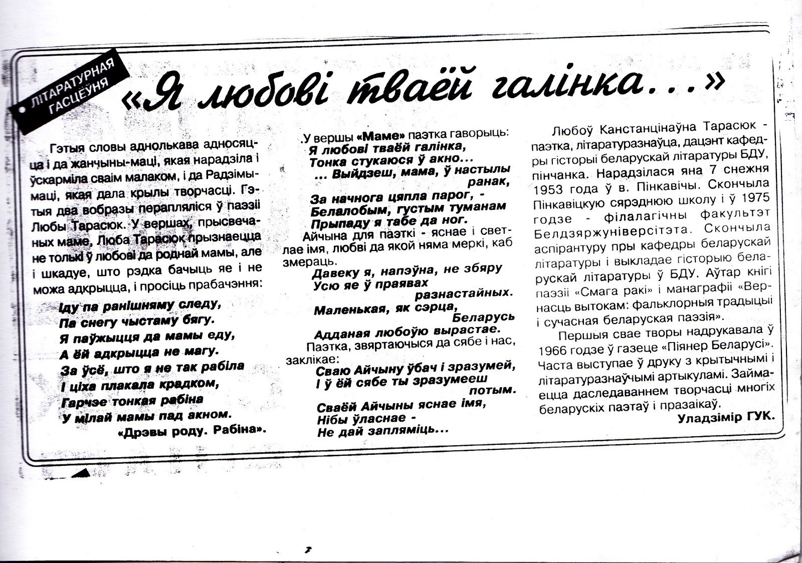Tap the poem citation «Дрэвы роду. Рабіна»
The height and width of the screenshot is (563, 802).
click(191, 430)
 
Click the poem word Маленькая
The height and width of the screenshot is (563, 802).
click(347, 311)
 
